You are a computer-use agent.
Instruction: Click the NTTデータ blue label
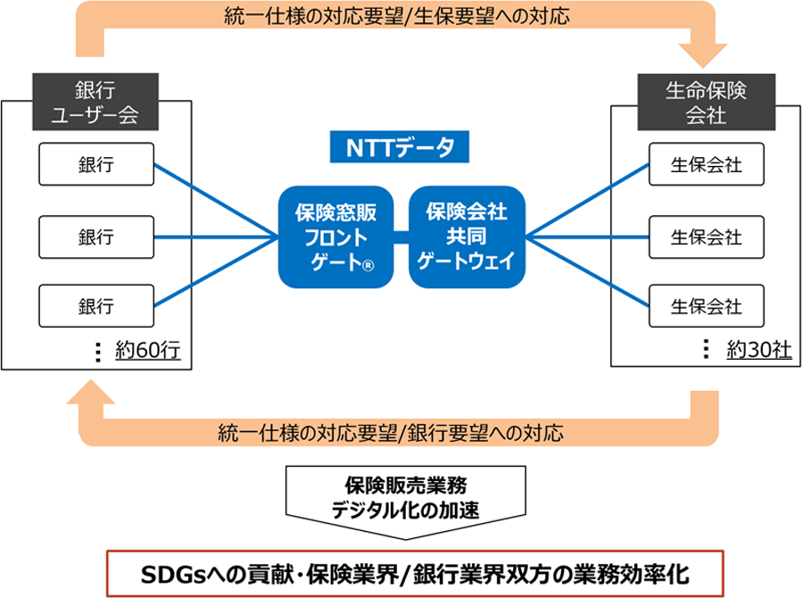click(x=400, y=147)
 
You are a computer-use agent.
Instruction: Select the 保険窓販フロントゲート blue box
click(x=336, y=237)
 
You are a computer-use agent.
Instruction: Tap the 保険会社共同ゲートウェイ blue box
click(x=467, y=237)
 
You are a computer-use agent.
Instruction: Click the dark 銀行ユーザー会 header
click(x=95, y=102)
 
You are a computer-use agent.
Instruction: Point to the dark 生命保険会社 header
click(x=707, y=102)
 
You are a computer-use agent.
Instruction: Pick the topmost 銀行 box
click(x=96, y=164)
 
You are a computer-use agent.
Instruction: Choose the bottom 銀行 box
click(x=96, y=306)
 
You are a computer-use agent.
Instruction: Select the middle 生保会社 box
click(x=707, y=237)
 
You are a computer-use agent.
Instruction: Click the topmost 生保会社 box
click(x=707, y=164)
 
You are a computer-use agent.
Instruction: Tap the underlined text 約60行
click(x=148, y=351)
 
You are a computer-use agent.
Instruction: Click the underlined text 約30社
click(x=759, y=350)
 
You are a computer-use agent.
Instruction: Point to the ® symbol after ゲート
click(x=368, y=265)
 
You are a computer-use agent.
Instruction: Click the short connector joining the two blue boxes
click(x=401, y=237)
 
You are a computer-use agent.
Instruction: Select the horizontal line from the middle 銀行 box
click(x=216, y=237)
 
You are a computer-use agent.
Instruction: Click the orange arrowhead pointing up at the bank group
click(x=91, y=392)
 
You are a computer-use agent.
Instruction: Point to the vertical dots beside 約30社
click(x=707, y=349)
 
